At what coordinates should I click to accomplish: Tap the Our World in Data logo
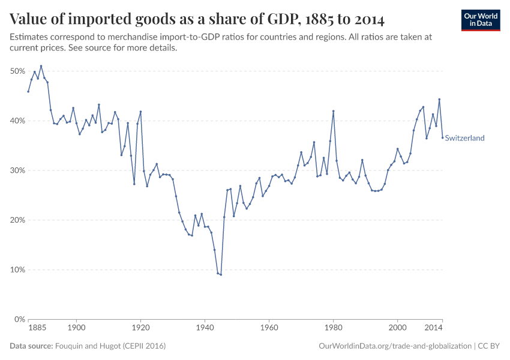pyautogui.click(x=480, y=20)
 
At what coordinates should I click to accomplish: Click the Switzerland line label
pyautogui.click(x=464, y=138)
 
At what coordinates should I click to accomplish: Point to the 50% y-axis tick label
pyautogui.click(x=17, y=71)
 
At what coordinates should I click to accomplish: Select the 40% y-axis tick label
pyautogui.click(x=17, y=121)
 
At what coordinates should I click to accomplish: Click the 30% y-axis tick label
pyautogui.click(x=17, y=170)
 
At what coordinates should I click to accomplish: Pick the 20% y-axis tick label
pyautogui.click(x=17, y=220)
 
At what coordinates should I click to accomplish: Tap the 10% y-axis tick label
pyautogui.click(x=17, y=270)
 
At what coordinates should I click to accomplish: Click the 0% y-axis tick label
pyautogui.click(x=19, y=319)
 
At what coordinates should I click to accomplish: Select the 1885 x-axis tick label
pyautogui.click(x=37, y=328)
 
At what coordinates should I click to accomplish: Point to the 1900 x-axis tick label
pyautogui.click(x=76, y=328)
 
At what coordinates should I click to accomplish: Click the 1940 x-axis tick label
pyautogui.click(x=205, y=328)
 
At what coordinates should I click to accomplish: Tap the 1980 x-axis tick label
pyautogui.click(x=333, y=328)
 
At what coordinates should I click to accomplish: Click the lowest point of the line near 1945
pyautogui.click(x=221, y=275)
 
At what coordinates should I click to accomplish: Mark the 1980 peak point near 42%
pyautogui.click(x=333, y=111)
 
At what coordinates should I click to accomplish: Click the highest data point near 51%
pyautogui.click(x=41, y=66)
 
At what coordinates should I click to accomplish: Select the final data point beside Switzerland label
pyautogui.click(x=442, y=137)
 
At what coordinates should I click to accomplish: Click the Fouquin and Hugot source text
pyautogui.click(x=110, y=346)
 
